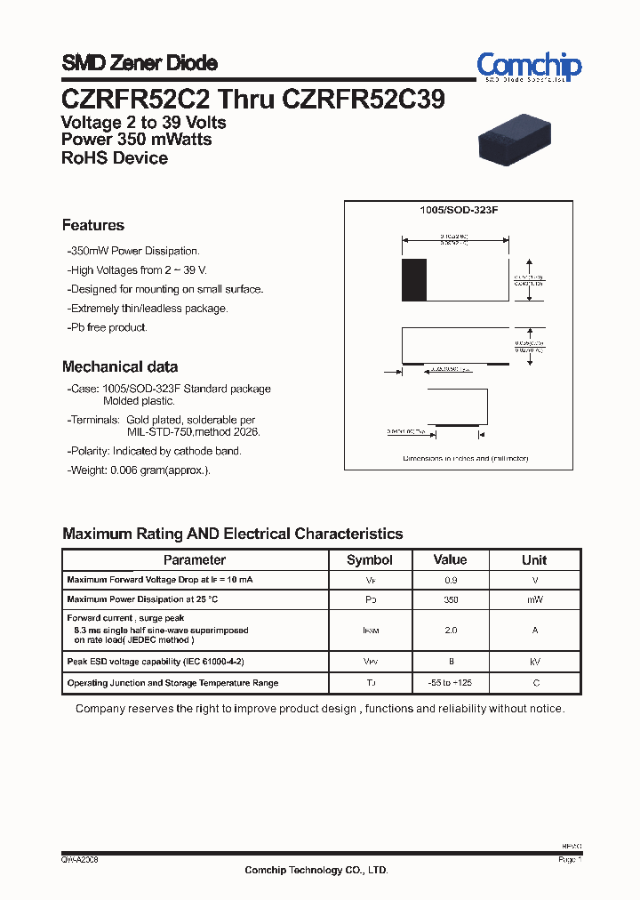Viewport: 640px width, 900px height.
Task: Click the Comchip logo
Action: (x=529, y=67)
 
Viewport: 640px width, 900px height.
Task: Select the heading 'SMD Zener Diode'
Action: (x=140, y=63)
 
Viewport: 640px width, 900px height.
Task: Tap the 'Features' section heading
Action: (x=93, y=226)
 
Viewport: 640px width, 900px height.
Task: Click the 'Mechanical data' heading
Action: (x=120, y=366)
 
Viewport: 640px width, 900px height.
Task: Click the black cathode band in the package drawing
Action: (x=414, y=281)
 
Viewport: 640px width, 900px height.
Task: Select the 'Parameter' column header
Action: (x=195, y=560)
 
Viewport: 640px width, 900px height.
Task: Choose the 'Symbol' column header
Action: (x=370, y=560)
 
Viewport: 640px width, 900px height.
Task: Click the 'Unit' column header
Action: (x=534, y=560)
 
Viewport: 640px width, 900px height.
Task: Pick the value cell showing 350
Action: (x=450, y=600)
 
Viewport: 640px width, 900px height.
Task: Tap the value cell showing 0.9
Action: (x=450, y=580)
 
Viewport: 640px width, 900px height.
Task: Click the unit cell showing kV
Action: (x=534, y=662)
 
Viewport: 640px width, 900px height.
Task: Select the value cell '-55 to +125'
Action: (x=450, y=683)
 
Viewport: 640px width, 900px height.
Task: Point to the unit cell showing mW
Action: (x=534, y=600)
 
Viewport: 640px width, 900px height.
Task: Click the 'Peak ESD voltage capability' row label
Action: (x=156, y=662)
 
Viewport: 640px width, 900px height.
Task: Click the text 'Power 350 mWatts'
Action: (x=137, y=140)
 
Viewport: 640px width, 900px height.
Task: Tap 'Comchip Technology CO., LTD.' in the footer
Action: (x=316, y=871)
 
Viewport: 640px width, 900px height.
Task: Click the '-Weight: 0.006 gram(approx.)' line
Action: (x=139, y=470)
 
